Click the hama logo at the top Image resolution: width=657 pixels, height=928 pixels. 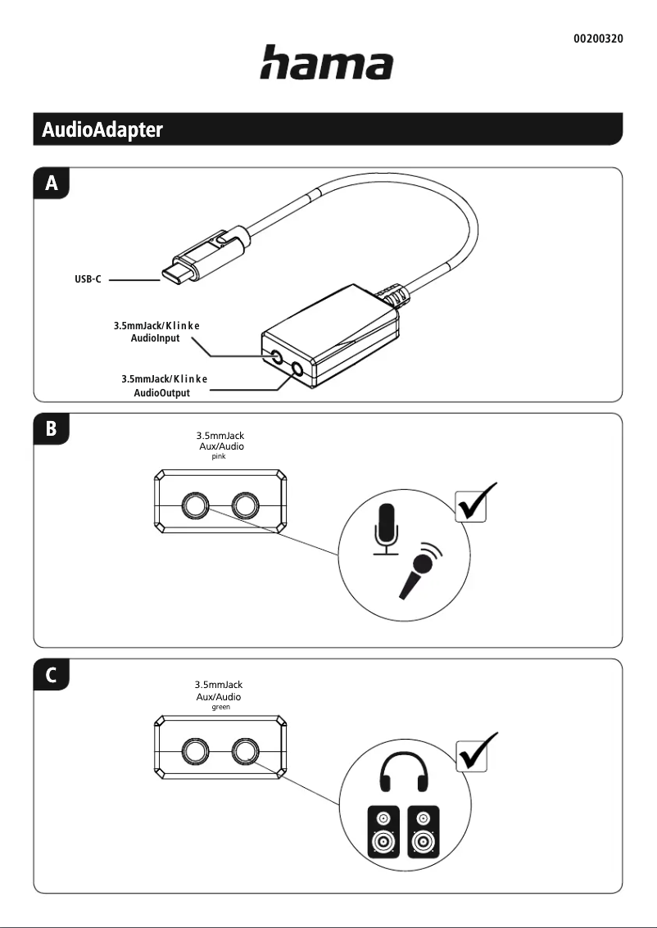pyautogui.click(x=326, y=63)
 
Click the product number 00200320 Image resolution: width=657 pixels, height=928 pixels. pyautogui.click(x=596, y=38)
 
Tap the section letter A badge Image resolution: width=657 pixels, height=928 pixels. pyautogui.click(x=52, y=184)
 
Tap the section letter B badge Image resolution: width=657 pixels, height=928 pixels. pyautogui.click(x=52, y=429)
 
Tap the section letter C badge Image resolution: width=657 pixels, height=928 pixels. pyautogui.click(x=52, y=676)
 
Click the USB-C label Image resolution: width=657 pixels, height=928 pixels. pyautogui.click(x=88, y=280)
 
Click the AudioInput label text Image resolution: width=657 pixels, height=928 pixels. pyautogui.click(x=155, y=338)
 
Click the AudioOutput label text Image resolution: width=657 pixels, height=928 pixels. pyautogui.click(x=161, y=393)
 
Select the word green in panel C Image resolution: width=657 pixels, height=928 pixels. pyautogui.click(x=220, y=706)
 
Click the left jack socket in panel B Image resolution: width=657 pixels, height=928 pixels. pyautogui.click(x=195, y=506)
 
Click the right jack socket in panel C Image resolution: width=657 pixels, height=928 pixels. pyautogui.click(x=245, y=751)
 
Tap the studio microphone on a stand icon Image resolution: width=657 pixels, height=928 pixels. pyautogui.click(x=386, y=527)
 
